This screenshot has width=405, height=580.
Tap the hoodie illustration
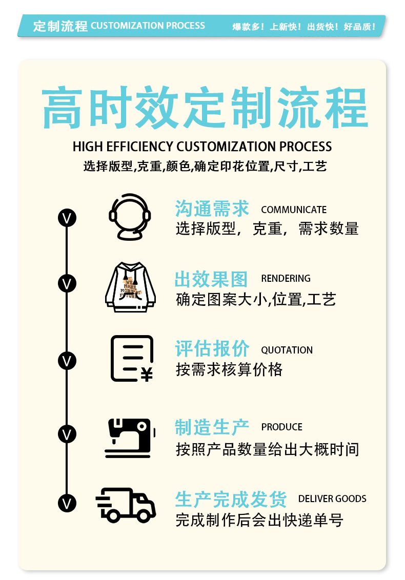(130, 286)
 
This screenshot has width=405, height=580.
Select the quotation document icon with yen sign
(132, 358)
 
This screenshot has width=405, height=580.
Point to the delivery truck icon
(126, 505)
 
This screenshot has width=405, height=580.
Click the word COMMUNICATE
(293, 210)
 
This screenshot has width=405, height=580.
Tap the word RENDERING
(286, 278)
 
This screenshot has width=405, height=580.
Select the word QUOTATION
(287, 350)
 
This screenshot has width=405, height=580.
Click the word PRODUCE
(281, 427)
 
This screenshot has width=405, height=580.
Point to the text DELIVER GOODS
(332, 499)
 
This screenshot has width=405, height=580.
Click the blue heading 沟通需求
(212, 209)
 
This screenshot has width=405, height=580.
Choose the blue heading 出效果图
(211, 279)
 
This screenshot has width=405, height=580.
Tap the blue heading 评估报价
(212, 349)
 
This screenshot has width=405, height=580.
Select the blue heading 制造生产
(212, 427)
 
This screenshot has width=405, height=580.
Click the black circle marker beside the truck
(67, 503)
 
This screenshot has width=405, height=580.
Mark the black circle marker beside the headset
(67, 218)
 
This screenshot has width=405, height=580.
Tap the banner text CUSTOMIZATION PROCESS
(148, 26)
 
